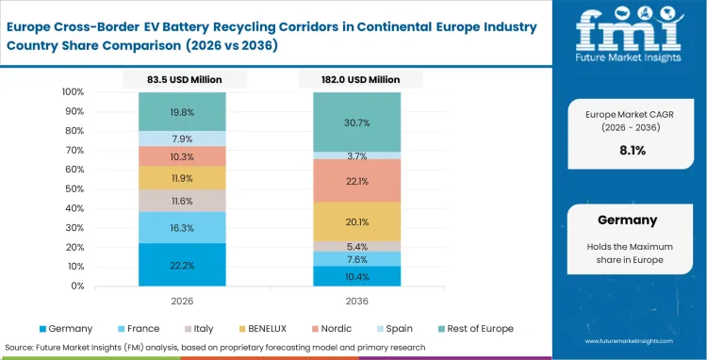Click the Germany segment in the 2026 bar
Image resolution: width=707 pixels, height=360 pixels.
(182, 265)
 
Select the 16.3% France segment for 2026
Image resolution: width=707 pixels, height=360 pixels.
(182, 227)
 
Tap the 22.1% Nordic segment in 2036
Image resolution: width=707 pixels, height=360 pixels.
(357, 181)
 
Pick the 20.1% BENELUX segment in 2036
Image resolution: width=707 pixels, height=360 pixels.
(357, 221)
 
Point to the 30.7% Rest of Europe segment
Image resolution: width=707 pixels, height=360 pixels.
(357, 123)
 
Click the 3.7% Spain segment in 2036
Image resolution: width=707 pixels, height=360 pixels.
(357, 155)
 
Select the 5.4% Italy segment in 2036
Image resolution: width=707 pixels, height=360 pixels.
(357, 246)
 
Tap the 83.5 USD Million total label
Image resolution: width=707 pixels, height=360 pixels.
(182, 80)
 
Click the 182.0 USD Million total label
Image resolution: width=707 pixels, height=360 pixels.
(357, 80)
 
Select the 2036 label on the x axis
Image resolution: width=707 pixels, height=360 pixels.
(357, 301)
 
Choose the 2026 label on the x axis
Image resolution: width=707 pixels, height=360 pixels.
(182, 301)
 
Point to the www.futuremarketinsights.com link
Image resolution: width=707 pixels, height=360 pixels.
(636, 344)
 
